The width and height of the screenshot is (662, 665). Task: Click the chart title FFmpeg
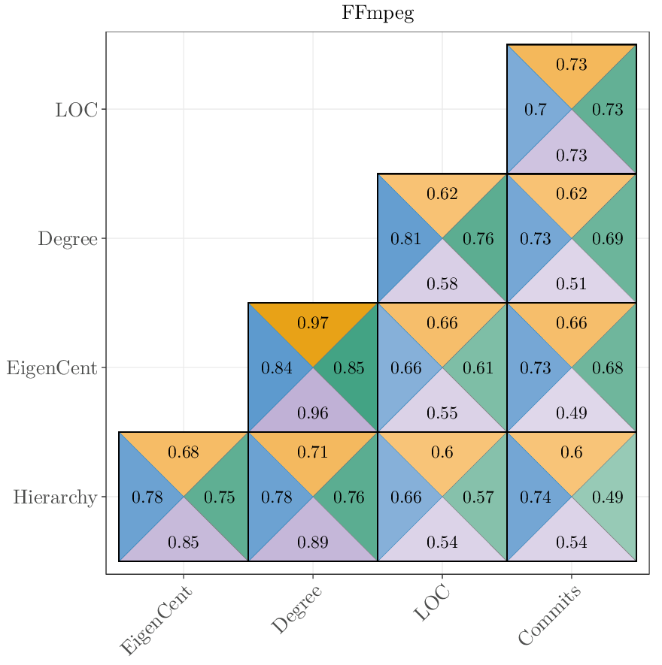click(x=378, y=14)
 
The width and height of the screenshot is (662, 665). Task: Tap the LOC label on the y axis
click(x=76, y=110)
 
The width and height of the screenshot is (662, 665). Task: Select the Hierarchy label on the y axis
click(x=55, y=497)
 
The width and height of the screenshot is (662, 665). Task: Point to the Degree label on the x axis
click(x=296, y=610)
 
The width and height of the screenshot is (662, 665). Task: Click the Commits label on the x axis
click(x=550, y=616)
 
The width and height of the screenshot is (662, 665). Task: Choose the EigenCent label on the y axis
click(x=52, y=368)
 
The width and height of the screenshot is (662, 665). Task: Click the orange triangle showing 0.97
click(x=313, y=324)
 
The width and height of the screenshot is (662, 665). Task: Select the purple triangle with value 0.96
click(x=313, y=413)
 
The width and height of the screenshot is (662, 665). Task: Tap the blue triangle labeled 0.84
click(x=276, y=368)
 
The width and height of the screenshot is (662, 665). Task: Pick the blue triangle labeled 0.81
click(x=405, y=240)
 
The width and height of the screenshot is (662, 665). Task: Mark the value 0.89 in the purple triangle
click(x=313, y=542)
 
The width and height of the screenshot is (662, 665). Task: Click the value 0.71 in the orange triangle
click(x=313, y=452)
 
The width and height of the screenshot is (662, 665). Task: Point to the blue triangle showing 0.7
click(x=535, y=110)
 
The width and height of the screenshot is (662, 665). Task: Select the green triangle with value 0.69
click(x=608, y=240)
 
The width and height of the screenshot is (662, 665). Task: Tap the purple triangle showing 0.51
click(x=572, y=284)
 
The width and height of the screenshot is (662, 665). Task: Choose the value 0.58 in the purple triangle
click(x=442, y=284)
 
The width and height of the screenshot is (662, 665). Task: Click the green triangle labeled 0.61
click(x=478, y=368)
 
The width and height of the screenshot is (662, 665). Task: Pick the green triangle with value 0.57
click(x=478, y=497)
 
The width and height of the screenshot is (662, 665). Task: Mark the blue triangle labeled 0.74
click(x=535, y=497)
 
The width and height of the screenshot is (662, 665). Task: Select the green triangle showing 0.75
click(x=220, y=497)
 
